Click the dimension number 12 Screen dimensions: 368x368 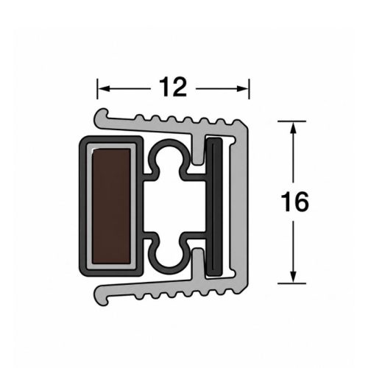point(173,87)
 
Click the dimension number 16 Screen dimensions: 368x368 point(294,202)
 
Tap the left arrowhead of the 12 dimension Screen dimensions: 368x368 point(104,89)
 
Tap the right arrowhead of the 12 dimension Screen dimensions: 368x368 point(243,89)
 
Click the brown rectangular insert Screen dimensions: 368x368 point(111,206)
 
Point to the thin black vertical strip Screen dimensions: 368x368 point(214,207)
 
